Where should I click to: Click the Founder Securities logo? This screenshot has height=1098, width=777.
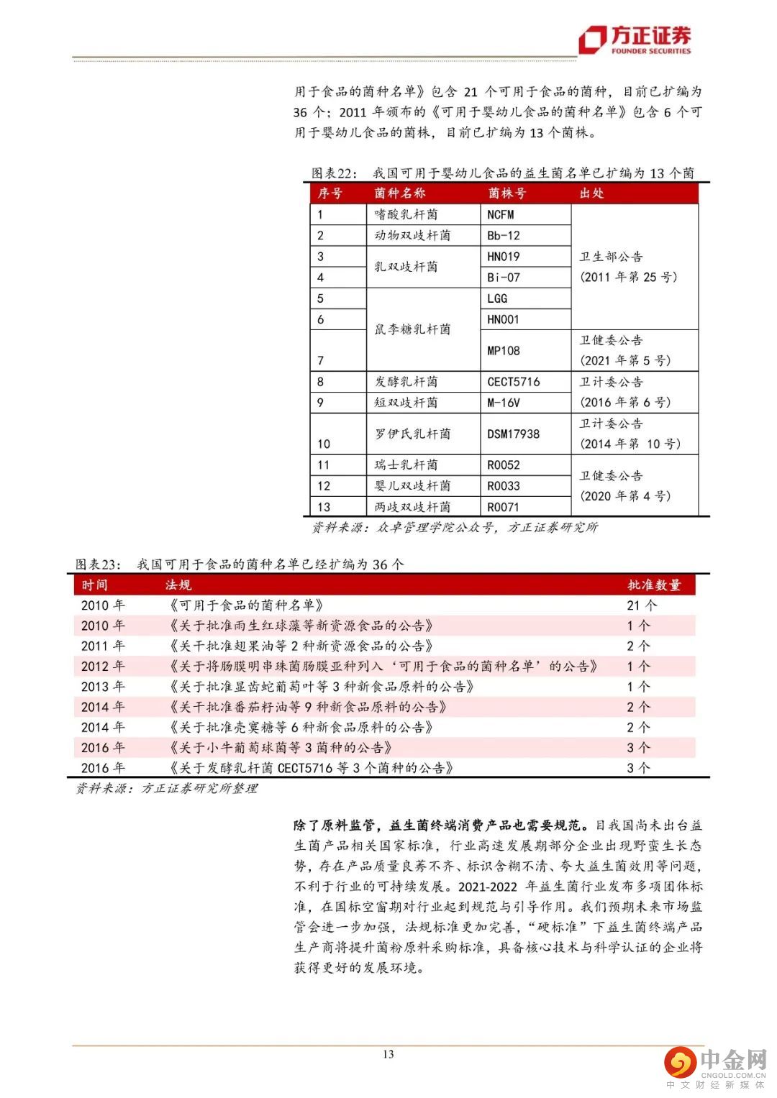pyautogui.click(x=636, y=39)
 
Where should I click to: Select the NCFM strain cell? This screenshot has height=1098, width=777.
pyautogui.click(x=501, y=214)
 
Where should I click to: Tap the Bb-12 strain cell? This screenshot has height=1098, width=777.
pyautogui.click(x=504, y=235)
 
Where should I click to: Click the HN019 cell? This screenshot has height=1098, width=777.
pyautogui.click(x=504, y=256)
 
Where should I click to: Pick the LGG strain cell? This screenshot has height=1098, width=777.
pyautogui.click(x=497, y=298)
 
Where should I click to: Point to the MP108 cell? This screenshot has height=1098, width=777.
pyautogui.click(x=504, y=350)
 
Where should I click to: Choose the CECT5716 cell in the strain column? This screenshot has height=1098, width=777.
pyautogui.click(x=514, y=382)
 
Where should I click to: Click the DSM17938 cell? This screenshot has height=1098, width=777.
pyautogui.click(x=514, y=434)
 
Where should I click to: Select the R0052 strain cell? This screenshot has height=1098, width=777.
pyautogui.click(x=504, y=465)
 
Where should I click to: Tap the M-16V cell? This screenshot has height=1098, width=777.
pyautogui.click(x=504, y=403)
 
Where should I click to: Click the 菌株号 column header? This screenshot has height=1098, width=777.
pyautogui.click(x=506, y=193)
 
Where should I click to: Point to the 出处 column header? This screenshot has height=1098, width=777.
pyautogui.click(x=591, y=193)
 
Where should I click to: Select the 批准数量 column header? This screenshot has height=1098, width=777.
pyautogui.click(x=653, y=585)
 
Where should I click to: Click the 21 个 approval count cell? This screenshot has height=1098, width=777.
pyautogui.click(x=642, y=605)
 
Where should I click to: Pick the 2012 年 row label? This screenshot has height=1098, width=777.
pyautogui.click(x=103, y=667)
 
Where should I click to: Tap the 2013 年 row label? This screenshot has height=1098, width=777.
pyautogui.click(x=103, y=687)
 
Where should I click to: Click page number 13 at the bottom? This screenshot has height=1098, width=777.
pyautogui.click(x=388, y=1054)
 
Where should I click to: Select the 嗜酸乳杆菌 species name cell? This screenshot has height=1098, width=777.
pyautogui.click(x=406, y=214)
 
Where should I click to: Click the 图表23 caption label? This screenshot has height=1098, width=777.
pyautogui.click(x=99, y=564)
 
